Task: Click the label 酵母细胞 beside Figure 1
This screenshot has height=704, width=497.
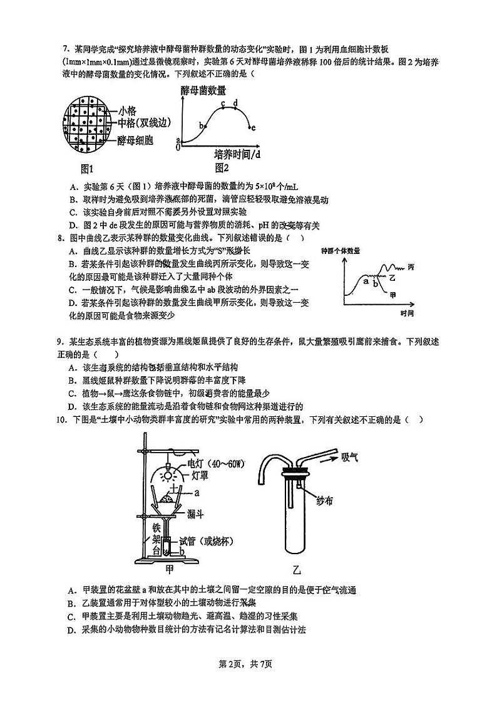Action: pos(135,141)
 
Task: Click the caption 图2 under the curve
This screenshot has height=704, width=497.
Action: pos(222,167)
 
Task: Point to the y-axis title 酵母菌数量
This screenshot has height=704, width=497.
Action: pos(203,91)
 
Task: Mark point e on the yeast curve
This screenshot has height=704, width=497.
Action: pos(253,128)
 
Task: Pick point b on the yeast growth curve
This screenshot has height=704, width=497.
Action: pos(202,125)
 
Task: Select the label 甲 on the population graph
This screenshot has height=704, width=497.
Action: pos(392,295)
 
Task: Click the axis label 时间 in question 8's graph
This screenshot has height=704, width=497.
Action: pos(407,312)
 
